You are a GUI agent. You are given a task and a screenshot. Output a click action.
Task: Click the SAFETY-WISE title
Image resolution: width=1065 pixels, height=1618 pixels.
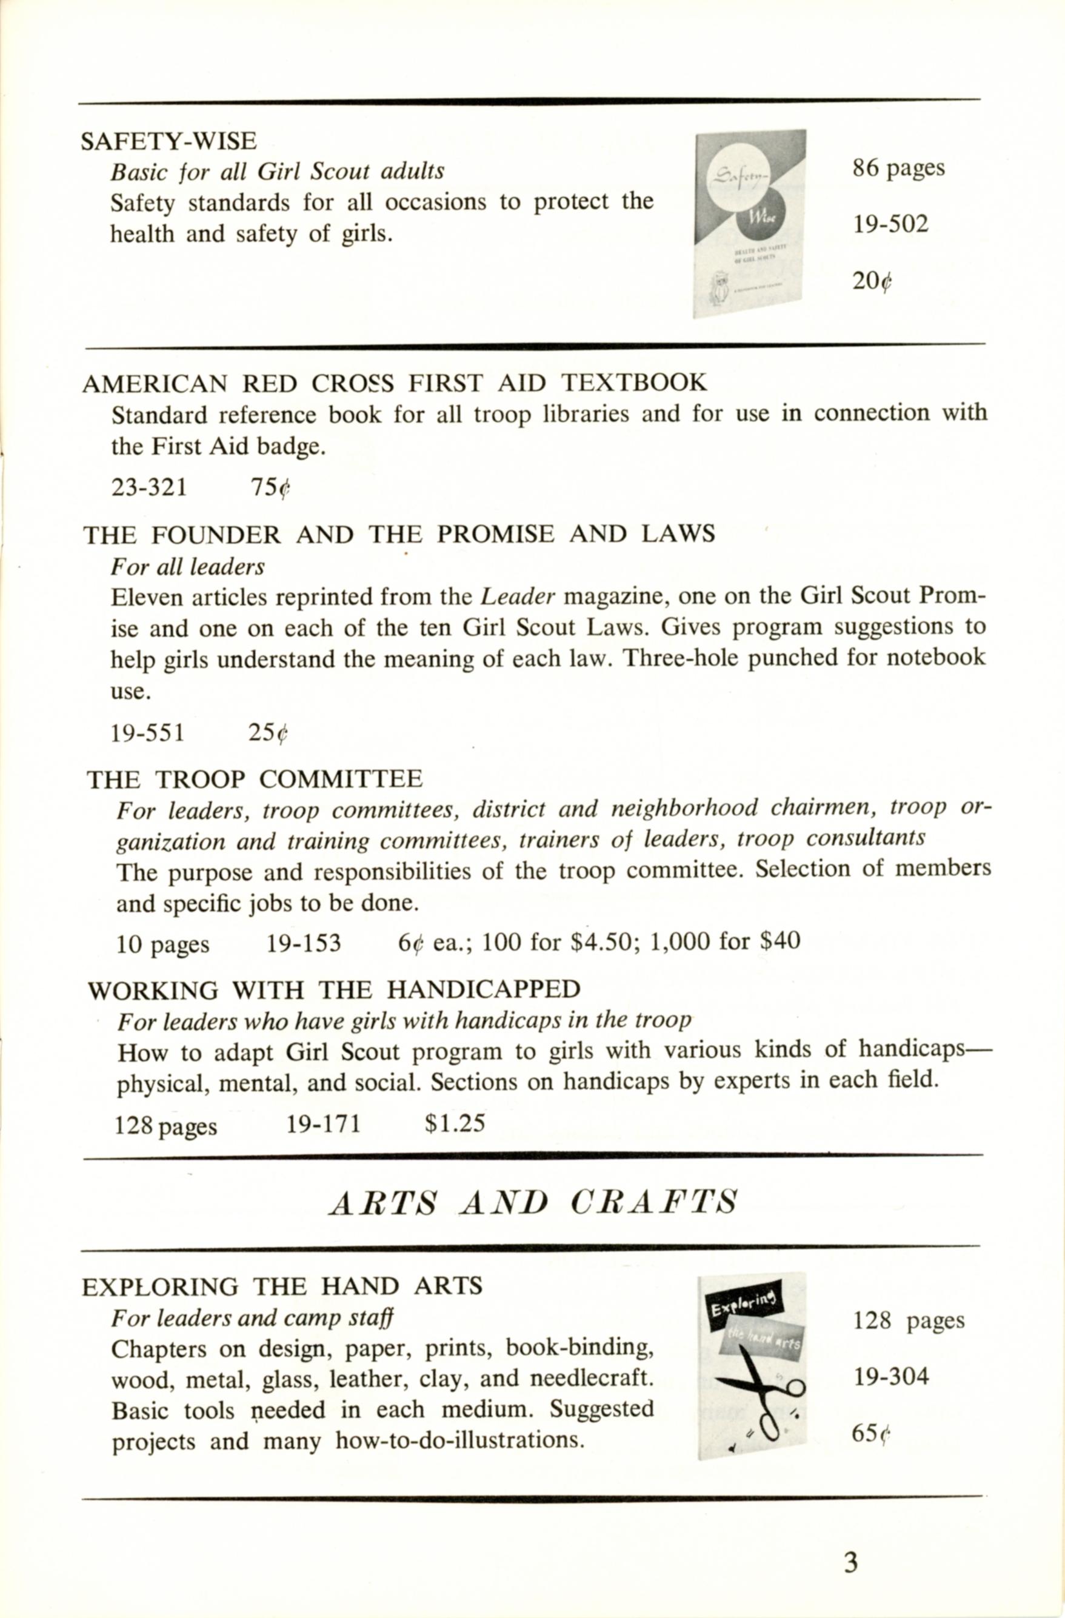(x=169, y=141)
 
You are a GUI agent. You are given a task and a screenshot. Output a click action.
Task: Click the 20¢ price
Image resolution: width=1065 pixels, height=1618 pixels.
(x=872, y=280)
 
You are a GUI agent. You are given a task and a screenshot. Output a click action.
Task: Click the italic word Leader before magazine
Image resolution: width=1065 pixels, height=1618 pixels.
(x=518, y=596)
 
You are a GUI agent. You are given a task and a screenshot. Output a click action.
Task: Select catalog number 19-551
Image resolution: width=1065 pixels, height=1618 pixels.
(x=147, y=732)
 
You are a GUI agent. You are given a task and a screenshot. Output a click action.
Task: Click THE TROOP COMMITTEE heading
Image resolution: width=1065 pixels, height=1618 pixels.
(x=254, y=778)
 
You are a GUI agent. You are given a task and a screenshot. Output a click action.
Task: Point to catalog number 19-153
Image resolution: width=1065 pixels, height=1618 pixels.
(x=303, y=943)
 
